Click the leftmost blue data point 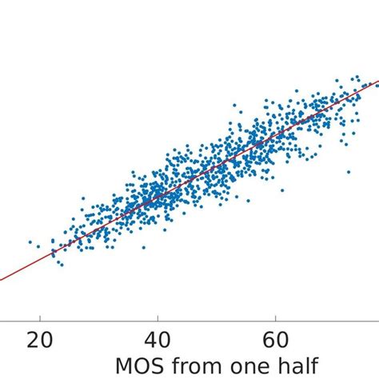point(30,241)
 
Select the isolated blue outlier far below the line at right point(349,171)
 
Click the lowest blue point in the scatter point(62,264)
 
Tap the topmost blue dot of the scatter point(357,77)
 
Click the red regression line point(160,199)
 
